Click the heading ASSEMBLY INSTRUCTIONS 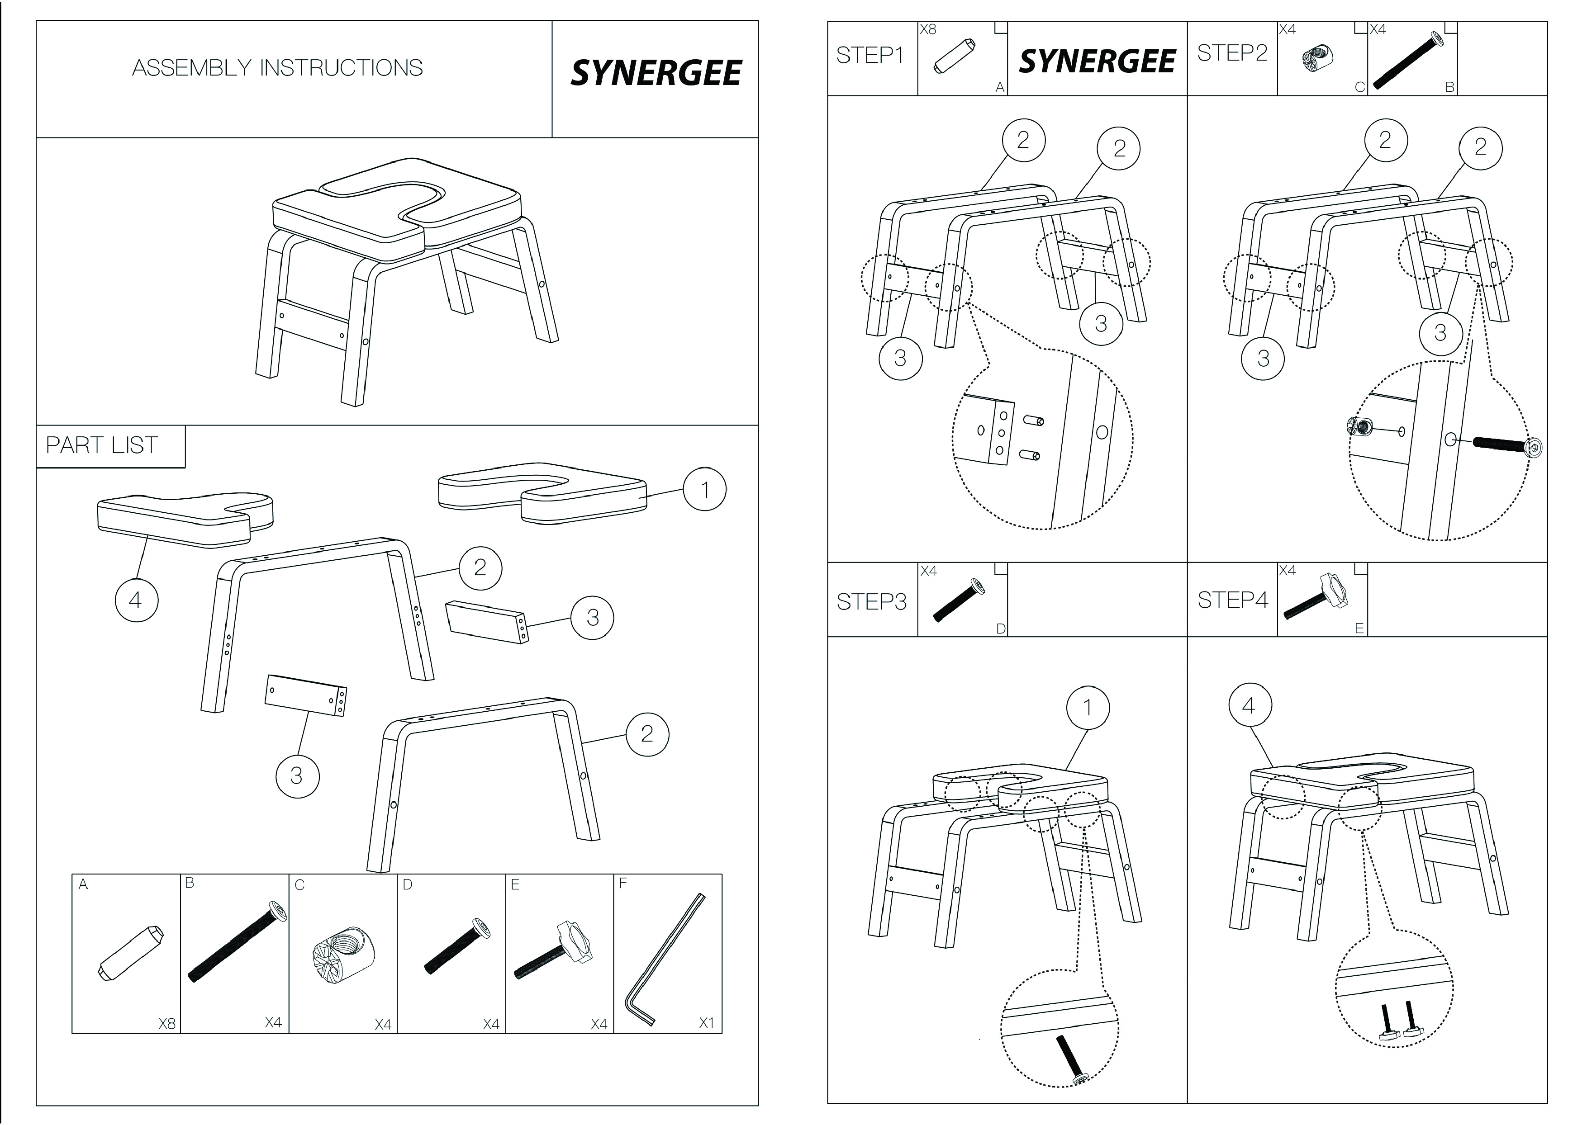[277, 68]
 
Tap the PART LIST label [102, 445]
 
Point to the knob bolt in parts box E [555, 949]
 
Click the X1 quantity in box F [706, 1022]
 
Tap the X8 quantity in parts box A [166, 1023]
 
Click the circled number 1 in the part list [705, 490]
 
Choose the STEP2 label [1232, 52]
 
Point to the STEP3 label [871, 602]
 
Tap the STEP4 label [1232, 600]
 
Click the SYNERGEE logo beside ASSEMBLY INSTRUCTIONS [656, 73]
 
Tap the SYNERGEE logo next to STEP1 [1097, 61]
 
